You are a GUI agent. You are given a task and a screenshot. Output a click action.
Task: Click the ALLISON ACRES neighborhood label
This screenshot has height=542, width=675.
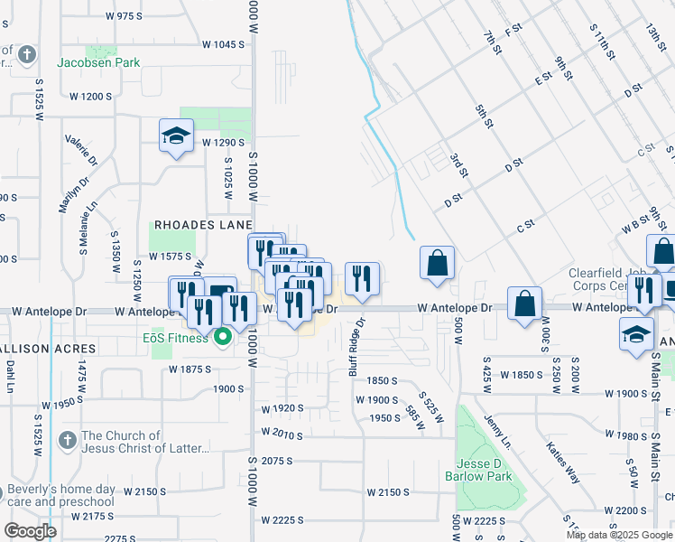(48, 348)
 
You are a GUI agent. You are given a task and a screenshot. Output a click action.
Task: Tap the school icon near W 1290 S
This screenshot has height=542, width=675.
(177, 136)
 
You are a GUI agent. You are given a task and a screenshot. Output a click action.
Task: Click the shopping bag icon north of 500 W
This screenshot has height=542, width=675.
(437, 264)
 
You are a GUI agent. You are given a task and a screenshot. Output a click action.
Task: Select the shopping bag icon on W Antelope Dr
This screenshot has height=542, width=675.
(525, 304)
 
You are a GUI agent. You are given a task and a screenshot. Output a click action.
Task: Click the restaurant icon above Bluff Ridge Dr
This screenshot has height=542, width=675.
(362, 279)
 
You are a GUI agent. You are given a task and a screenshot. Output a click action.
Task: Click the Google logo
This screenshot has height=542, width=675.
(30, 530)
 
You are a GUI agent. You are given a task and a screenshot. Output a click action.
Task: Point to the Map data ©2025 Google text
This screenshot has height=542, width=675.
(618, 535)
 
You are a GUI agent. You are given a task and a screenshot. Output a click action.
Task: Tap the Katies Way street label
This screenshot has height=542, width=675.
(563, 462)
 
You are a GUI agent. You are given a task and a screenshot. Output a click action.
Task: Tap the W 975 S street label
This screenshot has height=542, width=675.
(125, 16)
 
